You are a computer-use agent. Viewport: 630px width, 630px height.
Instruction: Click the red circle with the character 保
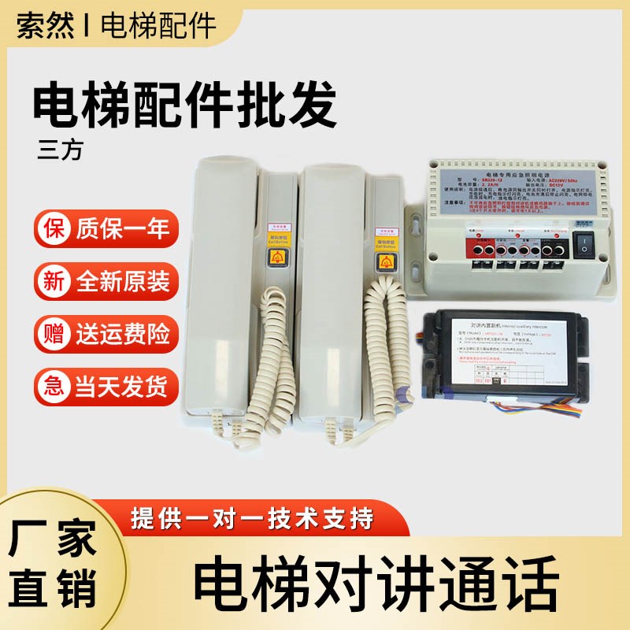(x=54, y=229)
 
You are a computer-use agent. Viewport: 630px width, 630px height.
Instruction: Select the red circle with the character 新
(x=54, y=282)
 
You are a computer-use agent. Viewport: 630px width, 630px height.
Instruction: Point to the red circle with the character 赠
(x=54, y=334)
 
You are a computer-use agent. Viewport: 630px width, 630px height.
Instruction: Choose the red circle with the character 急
(x=54, y=387)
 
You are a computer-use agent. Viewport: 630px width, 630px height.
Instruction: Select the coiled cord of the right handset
(x=386, y=346)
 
